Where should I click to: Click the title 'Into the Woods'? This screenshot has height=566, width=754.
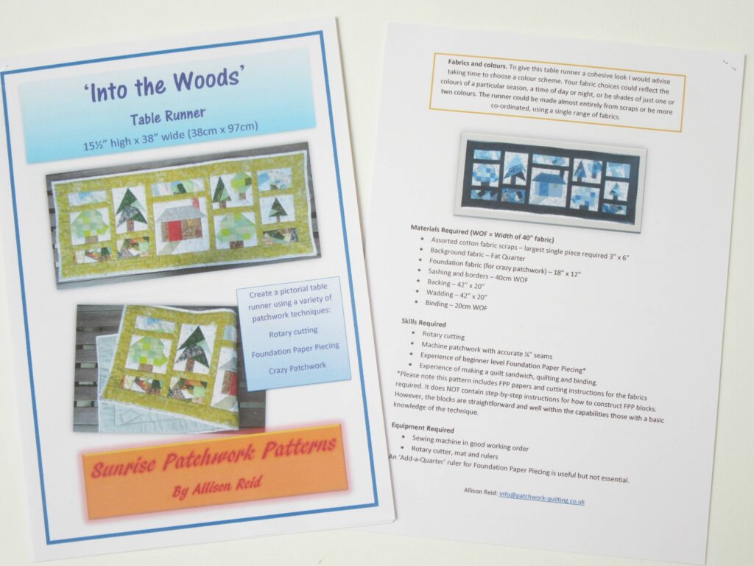pos(164,85)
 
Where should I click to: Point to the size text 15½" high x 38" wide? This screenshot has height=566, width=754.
pos(171,136)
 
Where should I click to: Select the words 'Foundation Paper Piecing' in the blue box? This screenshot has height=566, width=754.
pos(295,350)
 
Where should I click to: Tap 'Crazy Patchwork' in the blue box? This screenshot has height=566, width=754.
pos(297,368)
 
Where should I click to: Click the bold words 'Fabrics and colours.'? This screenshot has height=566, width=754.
pos(477,63)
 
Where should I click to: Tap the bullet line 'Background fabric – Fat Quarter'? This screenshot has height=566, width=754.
pos(477,254)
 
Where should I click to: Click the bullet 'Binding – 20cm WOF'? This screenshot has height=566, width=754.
pos(456,305)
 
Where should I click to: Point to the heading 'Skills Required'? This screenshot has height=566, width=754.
pos(423,323)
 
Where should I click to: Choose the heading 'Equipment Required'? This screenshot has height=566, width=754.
pos(422,427)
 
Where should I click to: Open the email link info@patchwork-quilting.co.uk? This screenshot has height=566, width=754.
pos(541,497)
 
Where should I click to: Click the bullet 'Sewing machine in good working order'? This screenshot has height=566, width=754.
pos(470,443)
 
